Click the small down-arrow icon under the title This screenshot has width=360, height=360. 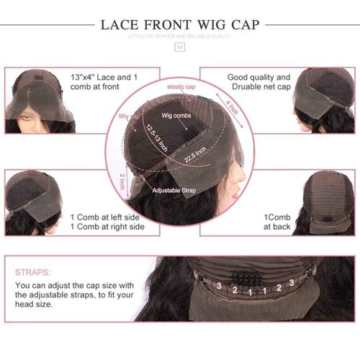[181, 48]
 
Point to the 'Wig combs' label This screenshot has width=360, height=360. [175, 114]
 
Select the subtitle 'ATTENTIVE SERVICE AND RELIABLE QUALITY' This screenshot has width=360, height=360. [180, 35]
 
